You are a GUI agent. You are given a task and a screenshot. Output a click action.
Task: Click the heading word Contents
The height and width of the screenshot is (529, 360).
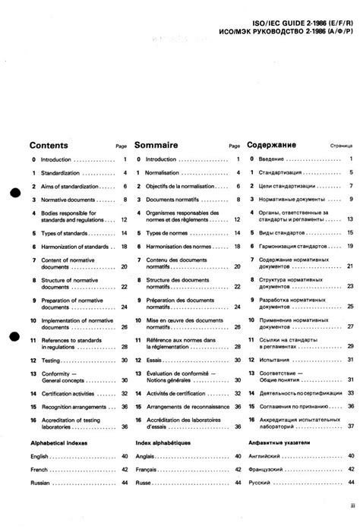click(49, 144)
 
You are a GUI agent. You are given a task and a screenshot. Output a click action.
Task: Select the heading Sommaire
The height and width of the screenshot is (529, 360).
click(156, 144)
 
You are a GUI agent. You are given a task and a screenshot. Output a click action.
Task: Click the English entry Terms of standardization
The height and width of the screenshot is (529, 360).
click(62, 173)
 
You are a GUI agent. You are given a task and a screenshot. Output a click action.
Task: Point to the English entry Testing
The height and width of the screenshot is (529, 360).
click(50, 360)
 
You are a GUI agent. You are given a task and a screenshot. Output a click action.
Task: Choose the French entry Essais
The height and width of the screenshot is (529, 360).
click(154, 360)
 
